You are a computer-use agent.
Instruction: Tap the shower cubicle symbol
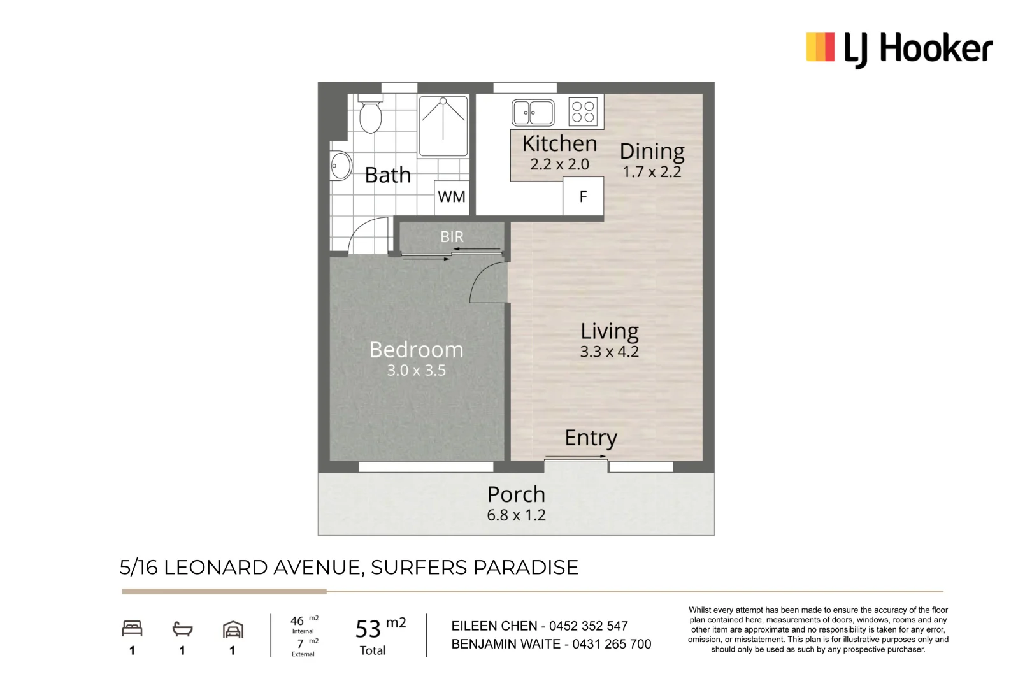[443, 125]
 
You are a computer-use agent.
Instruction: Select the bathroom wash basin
[340, 166]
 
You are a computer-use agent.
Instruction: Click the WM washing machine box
[452, 197]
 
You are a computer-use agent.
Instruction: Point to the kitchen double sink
[533, 113]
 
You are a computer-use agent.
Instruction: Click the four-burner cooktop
[583, 112]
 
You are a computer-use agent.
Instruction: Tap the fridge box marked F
[583, 197]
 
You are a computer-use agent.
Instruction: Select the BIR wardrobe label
[452, 237]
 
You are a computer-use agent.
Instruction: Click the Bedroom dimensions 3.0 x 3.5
[416, 371]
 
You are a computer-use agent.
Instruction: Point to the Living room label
[609, 331]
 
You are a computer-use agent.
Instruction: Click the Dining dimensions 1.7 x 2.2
[652, 172]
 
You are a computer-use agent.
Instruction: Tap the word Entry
[591, 438]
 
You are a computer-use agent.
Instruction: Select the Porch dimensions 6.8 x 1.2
[516, 515]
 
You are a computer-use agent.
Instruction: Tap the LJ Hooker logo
[899, 48]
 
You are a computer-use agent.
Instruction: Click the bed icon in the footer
[132, 629]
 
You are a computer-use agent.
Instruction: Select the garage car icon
[233, 630]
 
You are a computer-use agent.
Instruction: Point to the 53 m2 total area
[380, 629]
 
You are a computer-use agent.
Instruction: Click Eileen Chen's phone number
[588, 626]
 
